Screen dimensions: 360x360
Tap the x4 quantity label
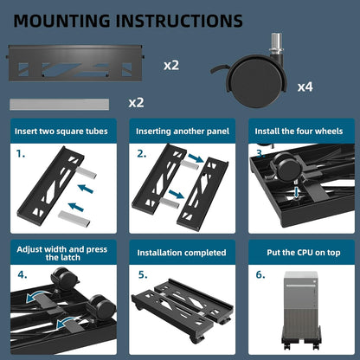coord(305,87)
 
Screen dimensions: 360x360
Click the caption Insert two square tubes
coord(60,132)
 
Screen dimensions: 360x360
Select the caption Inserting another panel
coord(181,132)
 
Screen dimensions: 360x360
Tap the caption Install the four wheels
coord(299,132)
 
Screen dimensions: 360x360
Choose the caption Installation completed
coord(181,253)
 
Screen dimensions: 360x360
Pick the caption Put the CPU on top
coord(299,253)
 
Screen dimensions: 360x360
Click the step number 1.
coord(22,156)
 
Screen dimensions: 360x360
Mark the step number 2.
coord(142,156)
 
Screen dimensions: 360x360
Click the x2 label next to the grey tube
coord(136,102)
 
